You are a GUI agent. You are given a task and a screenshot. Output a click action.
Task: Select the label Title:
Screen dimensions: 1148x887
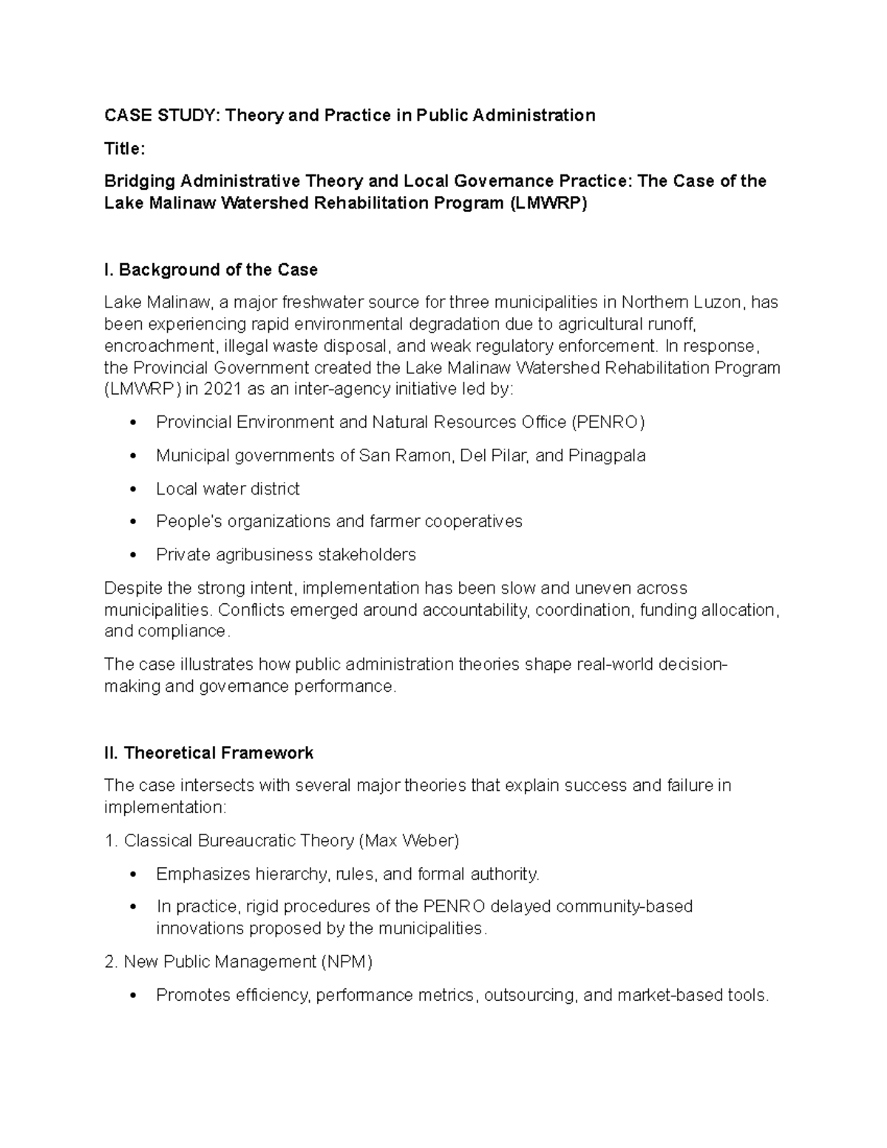[125, 149]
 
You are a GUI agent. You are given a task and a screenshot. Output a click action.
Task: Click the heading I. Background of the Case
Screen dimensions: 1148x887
[211, 270]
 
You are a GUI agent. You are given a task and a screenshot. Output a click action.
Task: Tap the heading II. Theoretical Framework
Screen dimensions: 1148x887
[208, 753]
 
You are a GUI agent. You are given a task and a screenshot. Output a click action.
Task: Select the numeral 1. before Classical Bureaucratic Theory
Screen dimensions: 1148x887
[111, 840]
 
